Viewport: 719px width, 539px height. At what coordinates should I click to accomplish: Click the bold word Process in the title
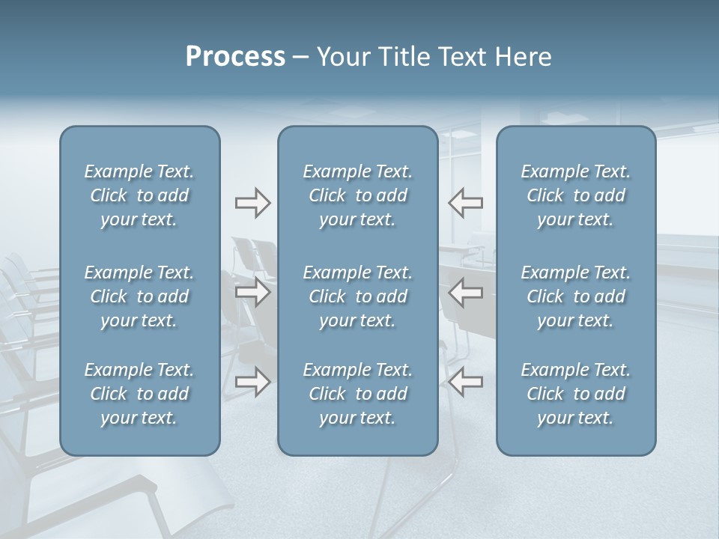coord(235,57)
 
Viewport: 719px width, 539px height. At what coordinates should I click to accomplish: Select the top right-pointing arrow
coord(252,203)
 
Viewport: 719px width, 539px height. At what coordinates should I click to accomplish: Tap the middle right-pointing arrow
coord(252,293)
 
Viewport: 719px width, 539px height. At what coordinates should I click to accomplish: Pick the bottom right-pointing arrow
coord(252,382)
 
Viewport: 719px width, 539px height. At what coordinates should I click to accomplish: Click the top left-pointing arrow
coord(466,203)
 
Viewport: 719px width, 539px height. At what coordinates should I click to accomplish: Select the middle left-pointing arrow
coord(466,293)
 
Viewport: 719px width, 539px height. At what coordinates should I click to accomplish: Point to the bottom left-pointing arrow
coord(466,382)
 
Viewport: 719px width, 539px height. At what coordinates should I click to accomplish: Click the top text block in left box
coord(139,195)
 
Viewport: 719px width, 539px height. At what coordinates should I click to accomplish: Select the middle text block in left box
coord(139,296)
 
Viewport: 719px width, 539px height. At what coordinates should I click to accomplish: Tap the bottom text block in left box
coord(139,394)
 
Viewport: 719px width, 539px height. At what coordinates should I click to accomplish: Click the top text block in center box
coord(358,195)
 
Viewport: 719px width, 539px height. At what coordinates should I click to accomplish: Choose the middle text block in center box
coord(358,296)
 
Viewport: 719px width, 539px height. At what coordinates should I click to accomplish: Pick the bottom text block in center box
coord(358,394)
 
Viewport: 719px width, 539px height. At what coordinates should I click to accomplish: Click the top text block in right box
coord(576,195)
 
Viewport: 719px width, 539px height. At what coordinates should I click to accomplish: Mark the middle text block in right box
coord(576,296)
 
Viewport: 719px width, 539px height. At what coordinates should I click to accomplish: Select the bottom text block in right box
coord(576,394)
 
